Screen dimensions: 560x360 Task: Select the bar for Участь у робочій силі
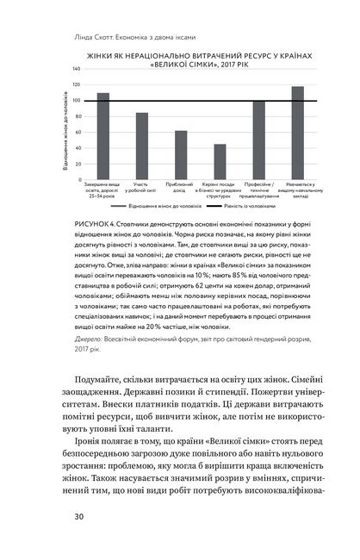point(142,146)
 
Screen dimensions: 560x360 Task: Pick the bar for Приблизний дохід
point(181,155)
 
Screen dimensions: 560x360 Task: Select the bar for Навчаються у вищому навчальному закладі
point(297,133)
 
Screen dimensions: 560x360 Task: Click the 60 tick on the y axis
point(78,132)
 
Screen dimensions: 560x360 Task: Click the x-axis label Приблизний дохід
point(181,185)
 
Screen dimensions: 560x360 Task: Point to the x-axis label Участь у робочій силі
point(142,188)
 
